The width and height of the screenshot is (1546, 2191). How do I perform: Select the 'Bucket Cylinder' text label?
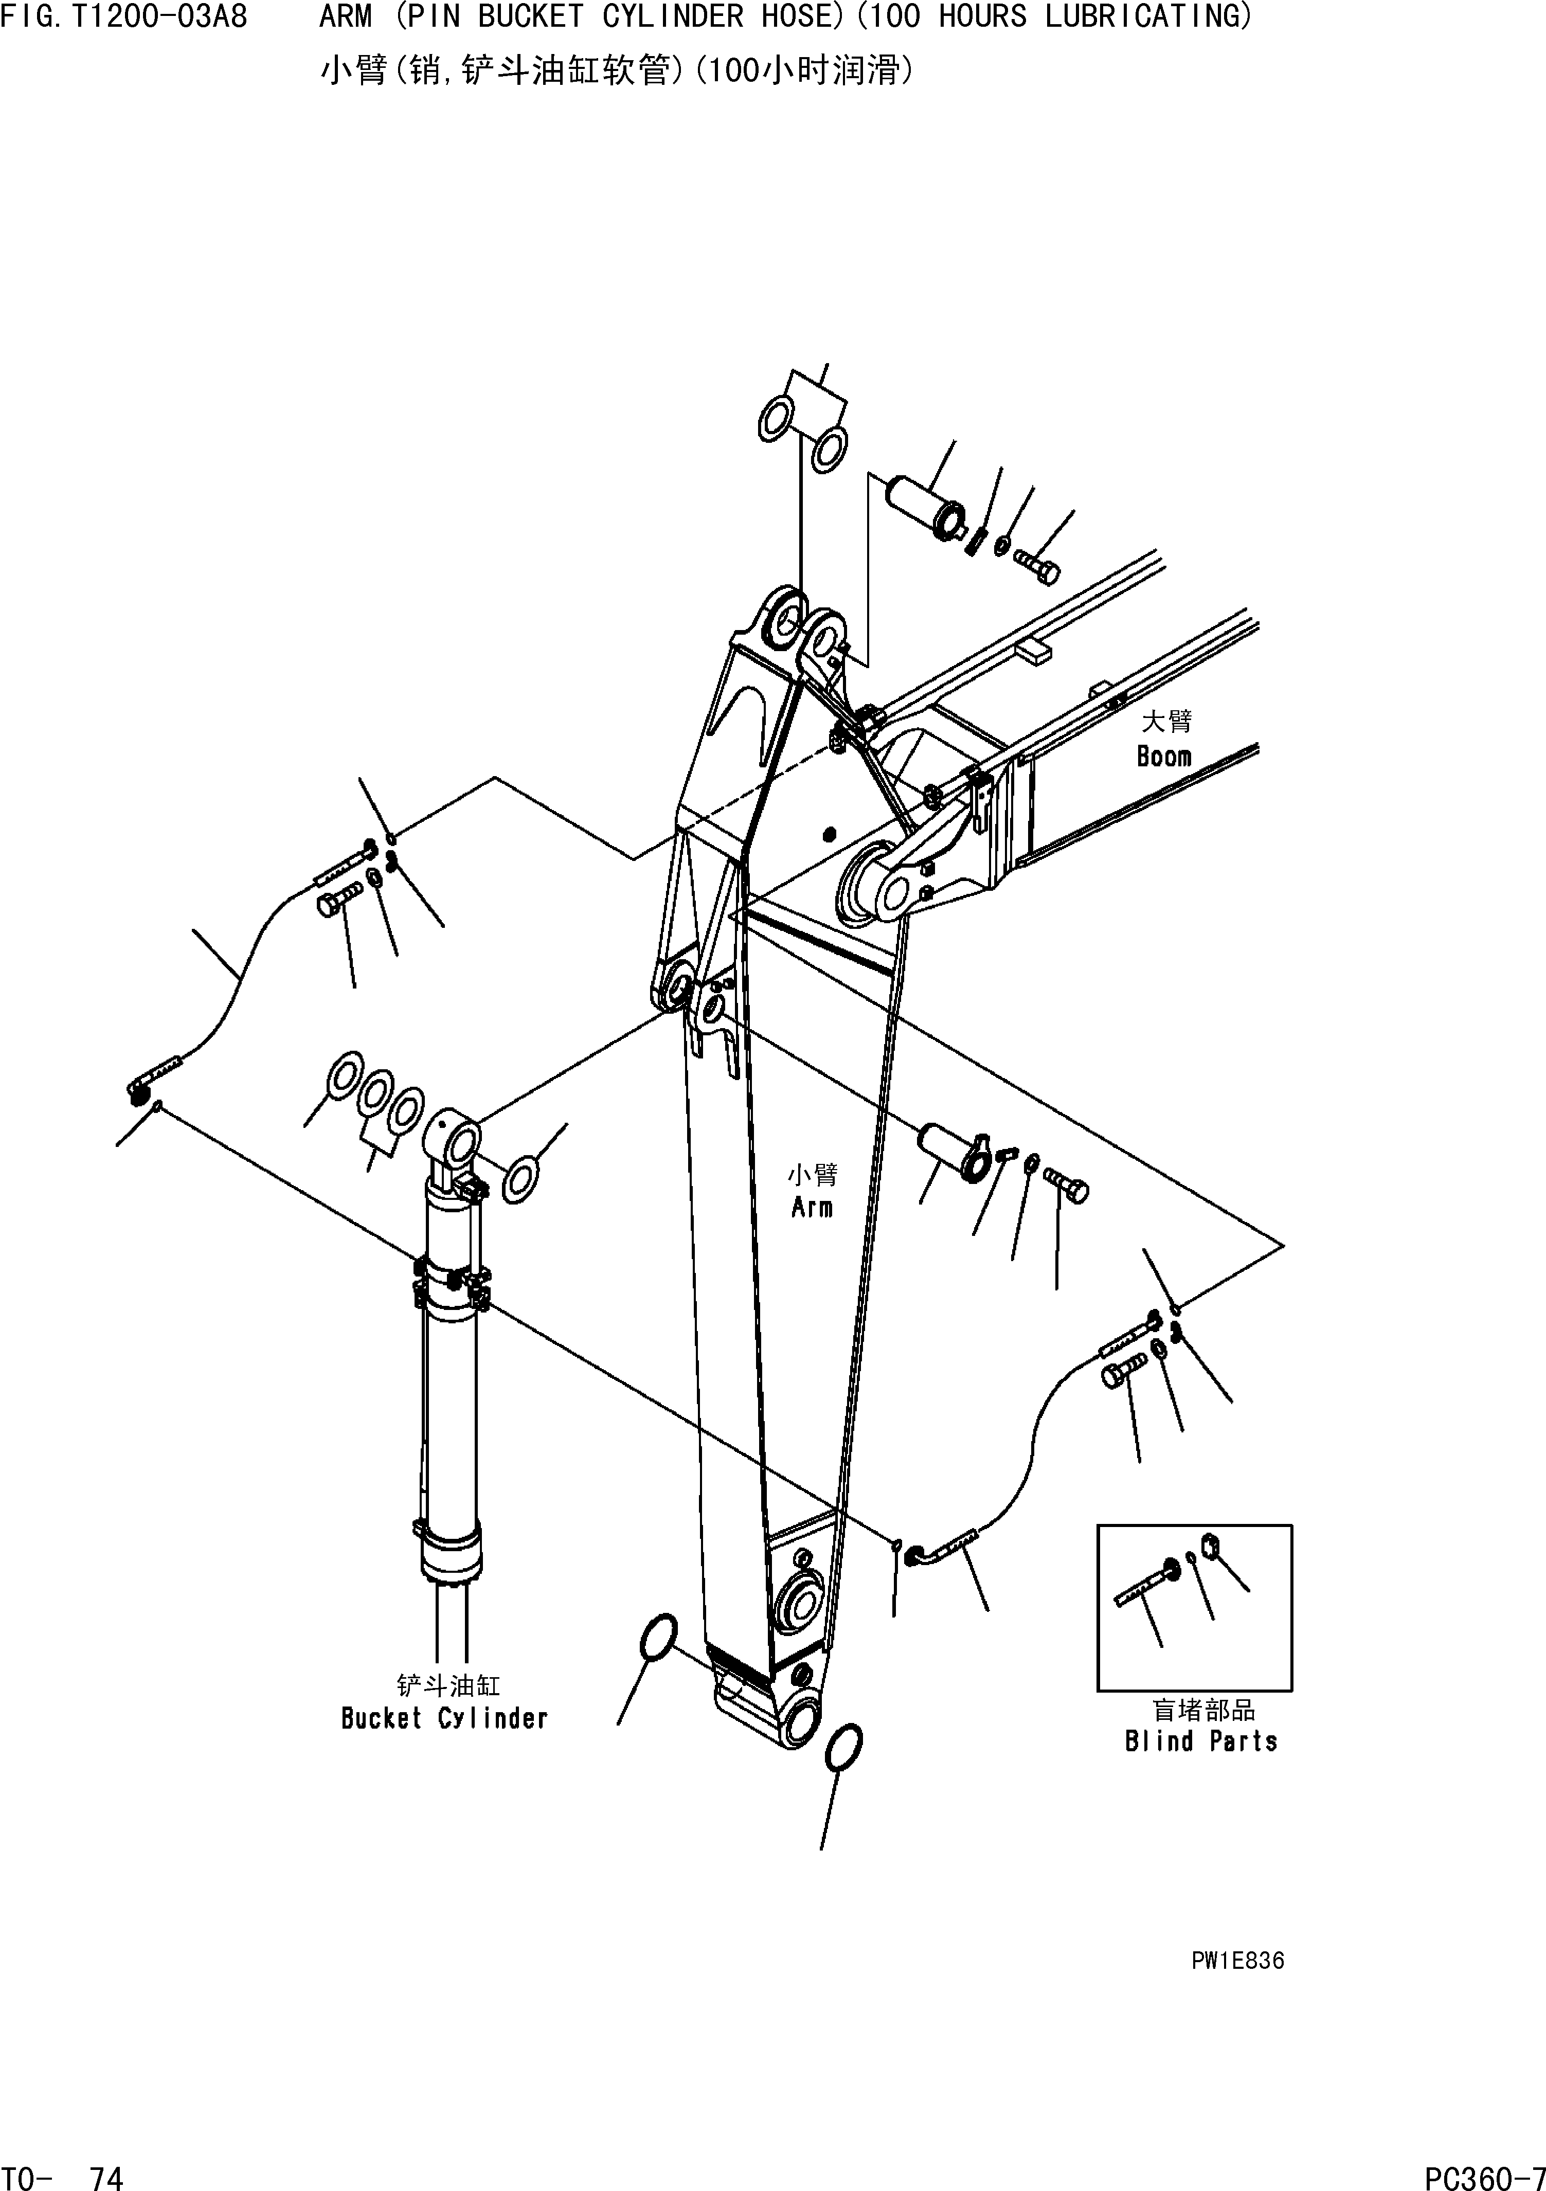click(445, 1719)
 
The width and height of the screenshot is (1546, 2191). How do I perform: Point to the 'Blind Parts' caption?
click(1200, 1741)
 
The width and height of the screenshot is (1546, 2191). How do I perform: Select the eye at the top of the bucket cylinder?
click(458, 1138)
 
